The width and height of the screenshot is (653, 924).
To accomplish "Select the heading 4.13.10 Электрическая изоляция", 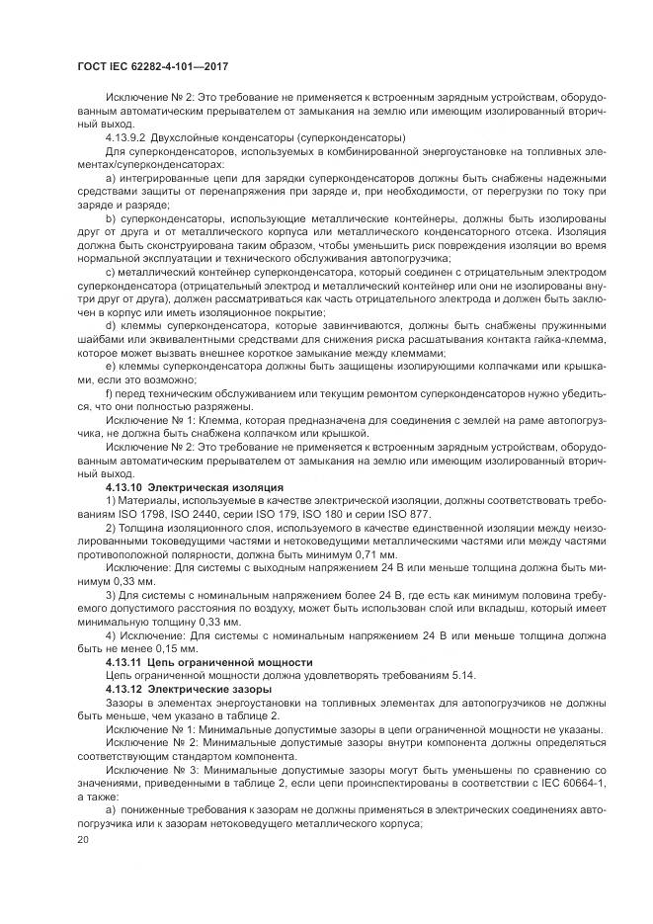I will pos(194,487).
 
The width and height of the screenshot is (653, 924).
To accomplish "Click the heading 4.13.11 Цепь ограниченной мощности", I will pos(208,661).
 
